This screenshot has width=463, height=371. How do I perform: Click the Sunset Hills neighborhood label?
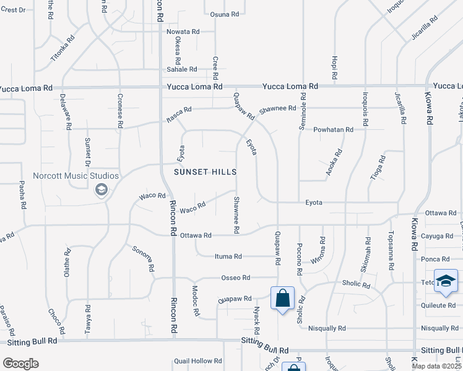[x=206, y=171]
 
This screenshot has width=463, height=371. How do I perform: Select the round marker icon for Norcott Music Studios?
[x=101, y=190]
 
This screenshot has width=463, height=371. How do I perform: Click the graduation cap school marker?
[x=446, y=281]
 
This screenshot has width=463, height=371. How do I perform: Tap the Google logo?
[x=20, y=364]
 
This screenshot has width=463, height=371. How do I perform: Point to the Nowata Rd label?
[x=182, y=32]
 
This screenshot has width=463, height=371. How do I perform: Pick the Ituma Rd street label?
[x=228, y=256]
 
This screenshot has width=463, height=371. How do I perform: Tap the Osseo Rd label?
[x=235, y=278]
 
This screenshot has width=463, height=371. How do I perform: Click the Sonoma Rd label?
[x=142, y=259]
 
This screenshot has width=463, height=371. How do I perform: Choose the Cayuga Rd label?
[x=438, y=236]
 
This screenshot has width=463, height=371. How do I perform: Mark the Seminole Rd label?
[x=303, y=111]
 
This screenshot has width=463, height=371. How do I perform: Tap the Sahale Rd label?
[x=181, y=69]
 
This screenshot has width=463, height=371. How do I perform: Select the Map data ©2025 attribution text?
[x=436, y=366]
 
